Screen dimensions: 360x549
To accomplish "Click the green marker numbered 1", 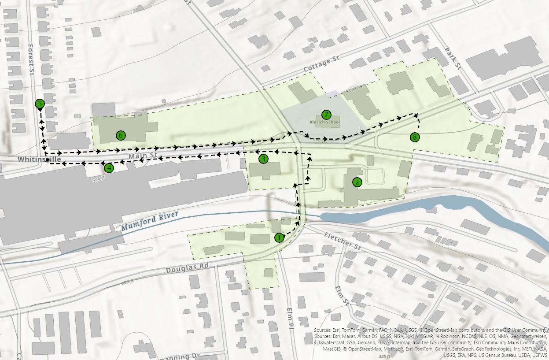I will point(279,238).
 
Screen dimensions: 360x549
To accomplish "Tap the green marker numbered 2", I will point(357,182).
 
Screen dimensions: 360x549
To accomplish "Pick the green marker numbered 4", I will point(109,167).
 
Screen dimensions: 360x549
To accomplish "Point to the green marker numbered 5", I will point(40,104).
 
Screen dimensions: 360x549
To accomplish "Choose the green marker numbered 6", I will point(121,135).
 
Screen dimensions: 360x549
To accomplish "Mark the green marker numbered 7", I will point(326,115).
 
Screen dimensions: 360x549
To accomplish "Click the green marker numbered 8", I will point(414,137).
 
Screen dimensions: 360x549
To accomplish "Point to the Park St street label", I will point(452,59).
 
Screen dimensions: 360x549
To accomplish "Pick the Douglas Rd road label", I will point(187,268).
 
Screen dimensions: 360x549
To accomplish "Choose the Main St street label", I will point(143,156).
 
